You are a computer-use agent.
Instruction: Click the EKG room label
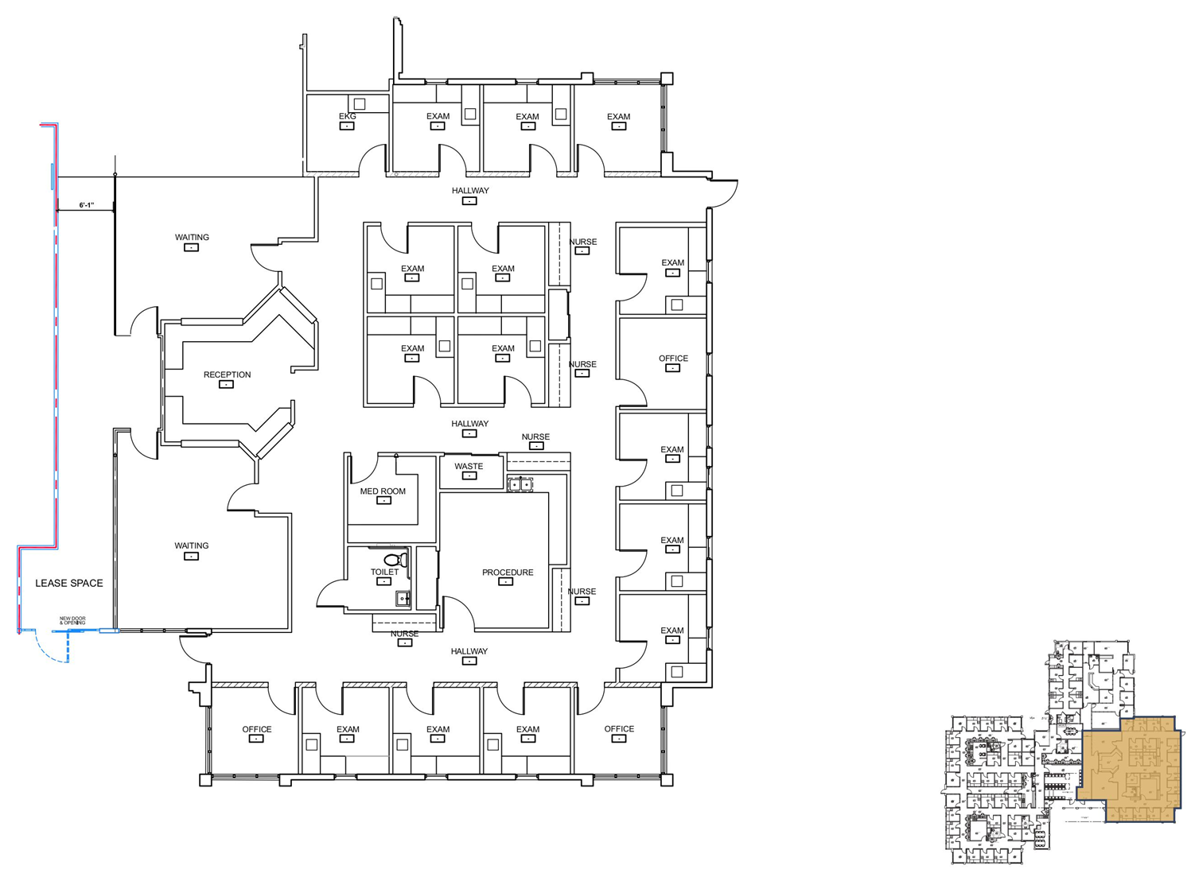(x=348, y=117)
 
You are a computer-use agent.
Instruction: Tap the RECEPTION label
(x=227, y=375)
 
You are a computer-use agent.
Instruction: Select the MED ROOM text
(x=383, y=491)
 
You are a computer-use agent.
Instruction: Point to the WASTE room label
(x=469, y=467)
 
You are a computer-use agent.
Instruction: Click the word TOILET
(x=384, y=572)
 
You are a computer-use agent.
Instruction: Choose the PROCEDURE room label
(x=508, y=572)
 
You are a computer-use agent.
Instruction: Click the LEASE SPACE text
(x=69, y=583)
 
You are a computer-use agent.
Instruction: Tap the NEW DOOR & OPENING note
(x=72, y=620)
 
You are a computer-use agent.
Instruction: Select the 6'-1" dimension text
(x=86, y=205)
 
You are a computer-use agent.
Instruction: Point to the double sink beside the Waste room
(x=520, y=483)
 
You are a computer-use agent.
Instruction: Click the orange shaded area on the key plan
(x=1130, y=767)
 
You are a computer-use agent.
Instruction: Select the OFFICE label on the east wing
(x=673, y=359)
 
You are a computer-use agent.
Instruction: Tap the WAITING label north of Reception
(x=192, y=237)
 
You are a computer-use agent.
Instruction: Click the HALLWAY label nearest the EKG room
(x=470, y=191)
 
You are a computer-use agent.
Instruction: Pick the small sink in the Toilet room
(x=403, y=599)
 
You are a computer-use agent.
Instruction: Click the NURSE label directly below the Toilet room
(x=404, y=634)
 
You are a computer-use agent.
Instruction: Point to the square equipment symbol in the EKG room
(x=360, y=103)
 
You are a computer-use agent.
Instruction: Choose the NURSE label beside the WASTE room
(x=535, y=437)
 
